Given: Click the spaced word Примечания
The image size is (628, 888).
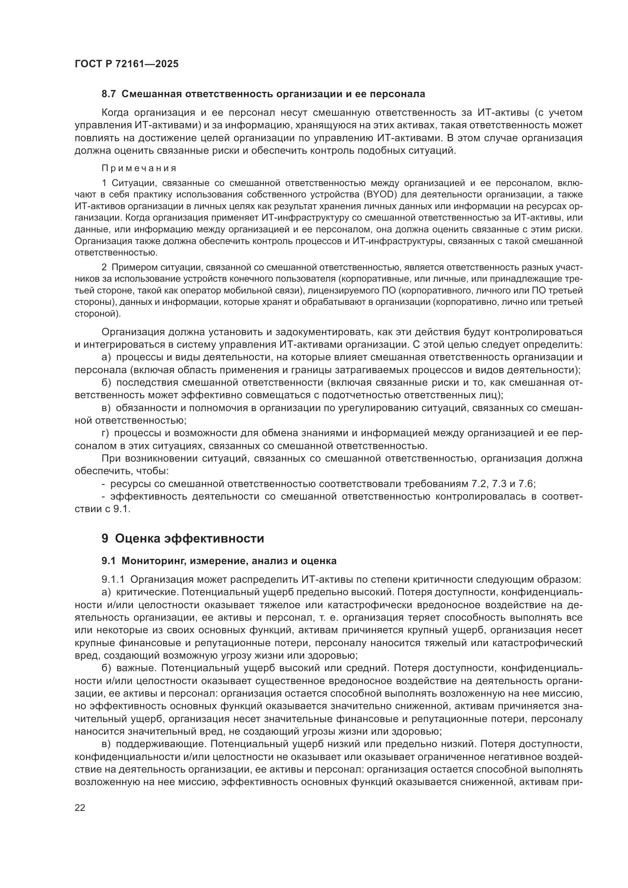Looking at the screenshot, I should click(139, 168).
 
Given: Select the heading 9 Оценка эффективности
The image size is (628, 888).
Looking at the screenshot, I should click(183, 538).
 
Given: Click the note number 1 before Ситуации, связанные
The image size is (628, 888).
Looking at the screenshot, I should click(104, 183).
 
